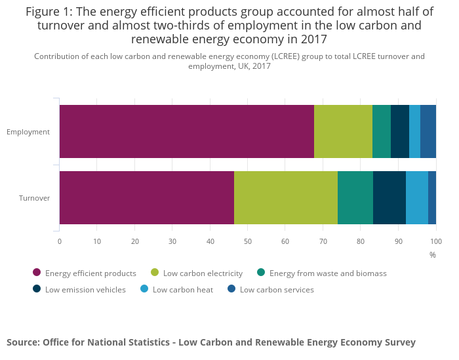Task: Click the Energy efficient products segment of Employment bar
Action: [x=187, y=131]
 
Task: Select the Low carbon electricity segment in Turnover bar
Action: [x=286, y=197]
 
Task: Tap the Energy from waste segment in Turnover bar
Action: [x=355, y=197]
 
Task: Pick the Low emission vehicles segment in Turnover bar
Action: [x=389, y=197]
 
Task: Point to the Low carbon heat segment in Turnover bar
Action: [x=417, y=197]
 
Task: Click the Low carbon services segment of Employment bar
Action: [x=428, y=131]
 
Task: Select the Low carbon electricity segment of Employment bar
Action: [x=343, y=131]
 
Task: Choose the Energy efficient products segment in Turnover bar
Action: [x=147, y=197]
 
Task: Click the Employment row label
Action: [x=28, y=132]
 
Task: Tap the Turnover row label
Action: [x=34, y=198]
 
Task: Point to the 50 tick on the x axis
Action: [x=248, y=241]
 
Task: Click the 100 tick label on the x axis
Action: [x=436, y=241]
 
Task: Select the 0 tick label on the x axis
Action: [x=60, y=241]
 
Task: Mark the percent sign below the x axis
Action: [x=433, y=254]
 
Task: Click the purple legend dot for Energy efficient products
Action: [x=37, y=273]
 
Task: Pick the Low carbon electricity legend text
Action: [x=203, y=273]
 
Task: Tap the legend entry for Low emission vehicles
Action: [x=85, y=290]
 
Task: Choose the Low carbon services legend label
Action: [x=277, y=290]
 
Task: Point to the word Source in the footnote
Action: [x=22, y=342]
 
